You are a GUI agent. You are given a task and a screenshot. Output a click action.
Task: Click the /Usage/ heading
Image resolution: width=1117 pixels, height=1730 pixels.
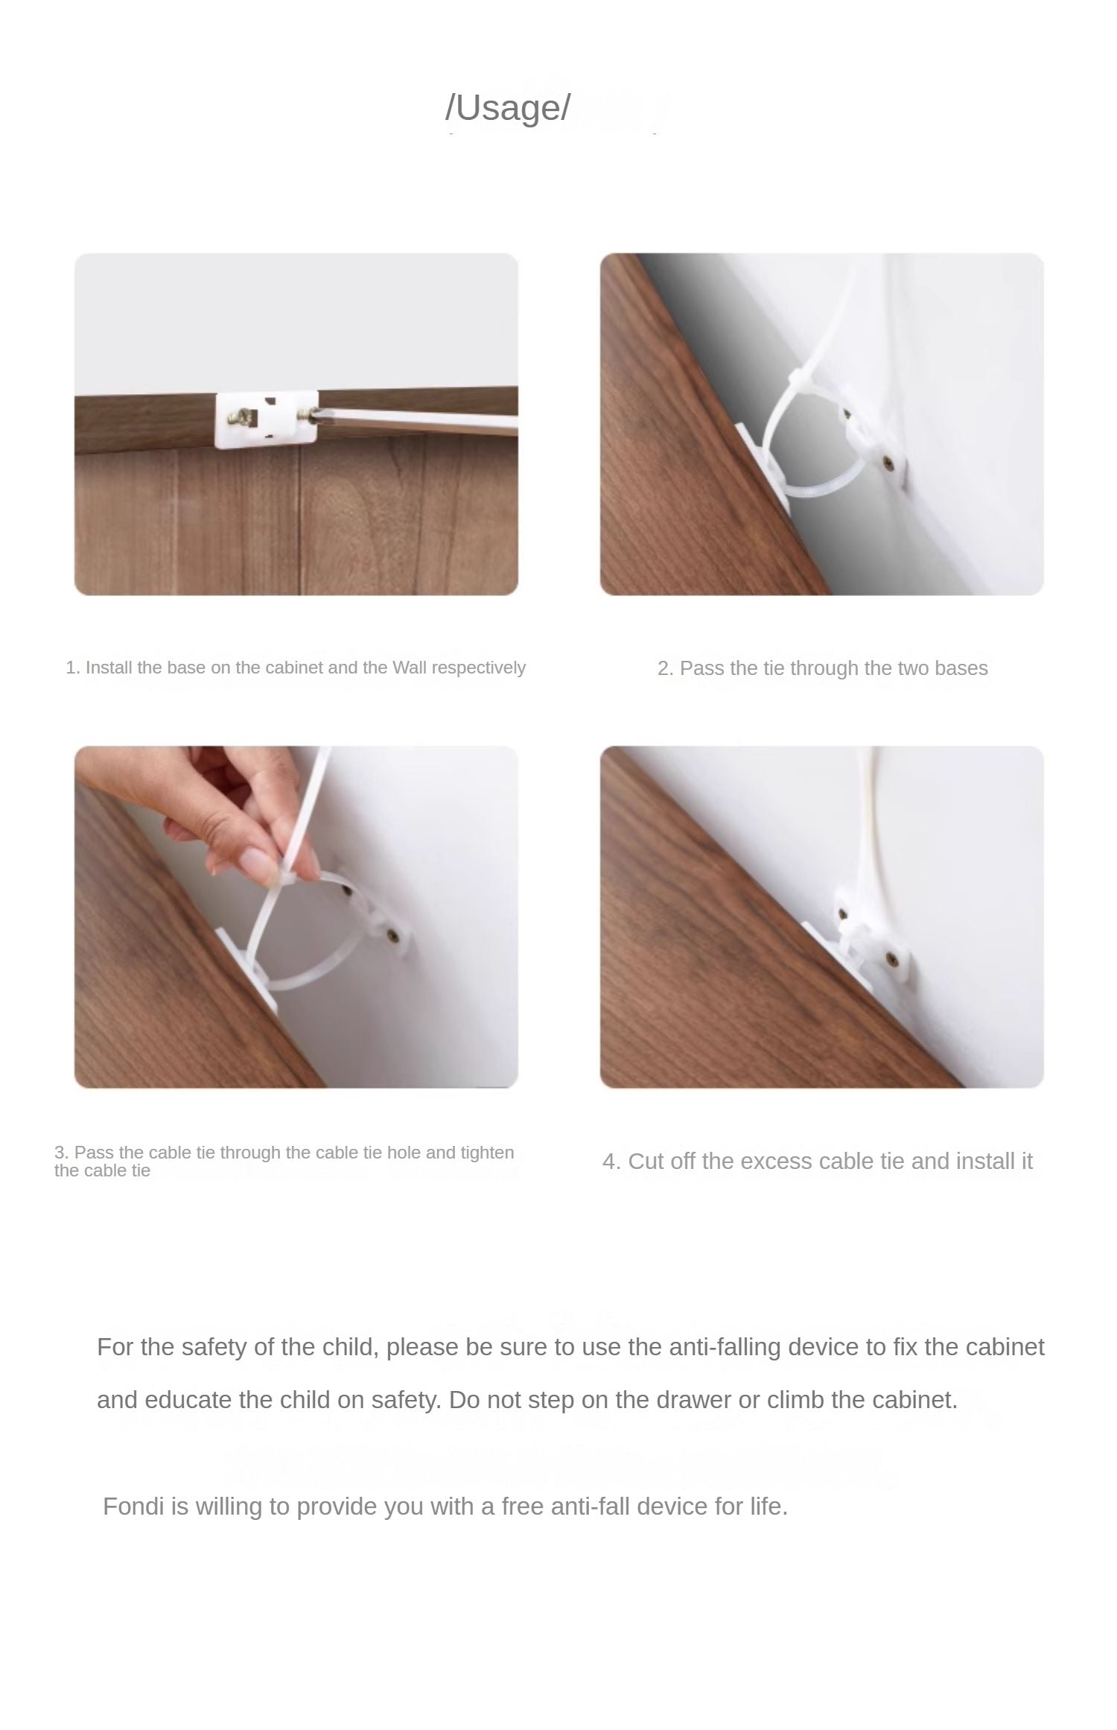(508, 107)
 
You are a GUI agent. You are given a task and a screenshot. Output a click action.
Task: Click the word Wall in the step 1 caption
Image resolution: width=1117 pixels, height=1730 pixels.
(410, 668)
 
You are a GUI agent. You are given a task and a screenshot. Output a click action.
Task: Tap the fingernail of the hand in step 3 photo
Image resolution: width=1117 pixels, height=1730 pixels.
(257, 864)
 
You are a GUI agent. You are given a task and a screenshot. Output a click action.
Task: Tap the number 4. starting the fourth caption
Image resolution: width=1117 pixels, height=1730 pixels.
(611, 1162)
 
